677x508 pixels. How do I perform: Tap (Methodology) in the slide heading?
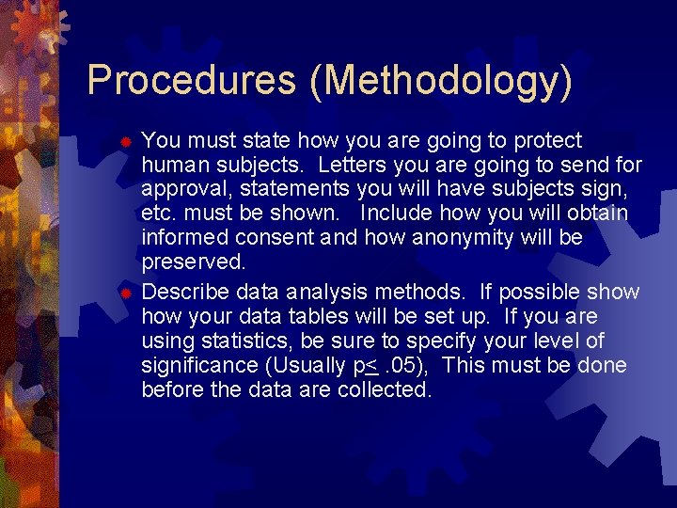click(440, 81)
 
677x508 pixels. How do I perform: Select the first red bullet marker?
click(125, 142)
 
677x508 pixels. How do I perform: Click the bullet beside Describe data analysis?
click(125, 294)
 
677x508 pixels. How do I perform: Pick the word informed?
click(181, 238)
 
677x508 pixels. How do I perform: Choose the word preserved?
click(193, 262)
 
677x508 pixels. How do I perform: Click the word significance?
click(198, 365)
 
